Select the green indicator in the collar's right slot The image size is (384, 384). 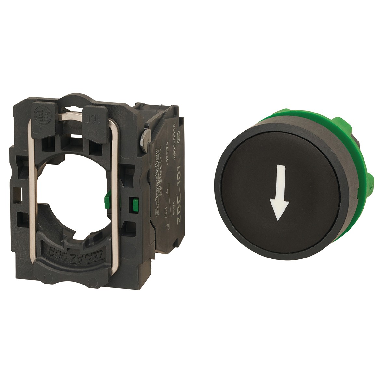click(x=133, y=204)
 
